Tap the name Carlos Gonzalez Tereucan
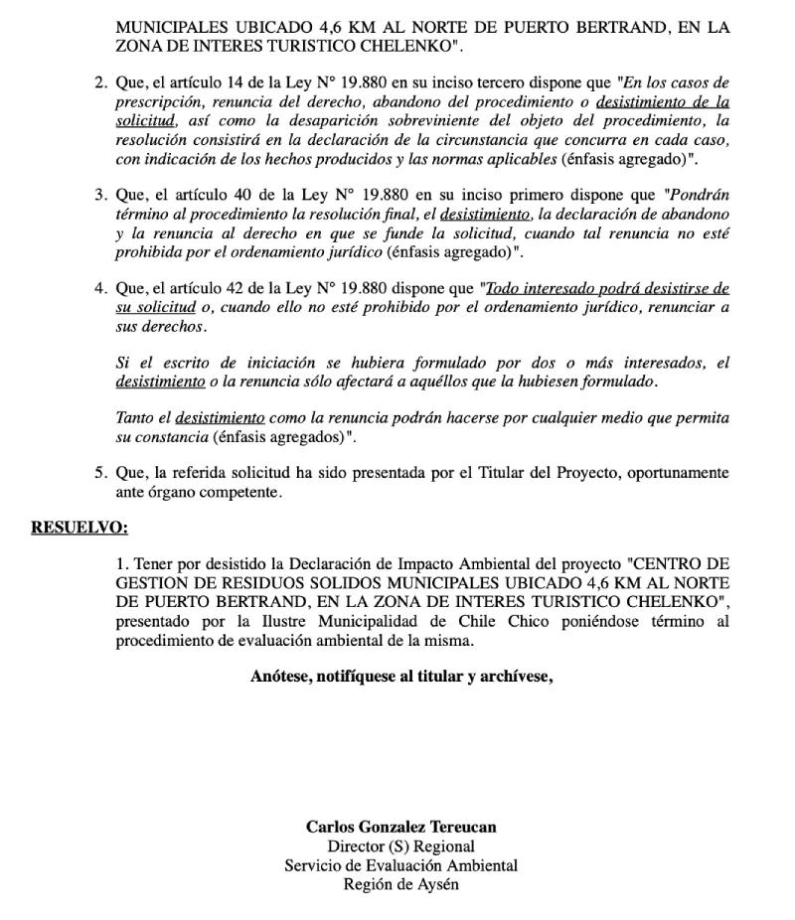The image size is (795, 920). [400, 827]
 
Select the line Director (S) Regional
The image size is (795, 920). [400, 846]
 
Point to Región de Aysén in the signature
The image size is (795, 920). [400, 884]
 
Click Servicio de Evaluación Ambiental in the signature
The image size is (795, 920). [400, 865]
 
